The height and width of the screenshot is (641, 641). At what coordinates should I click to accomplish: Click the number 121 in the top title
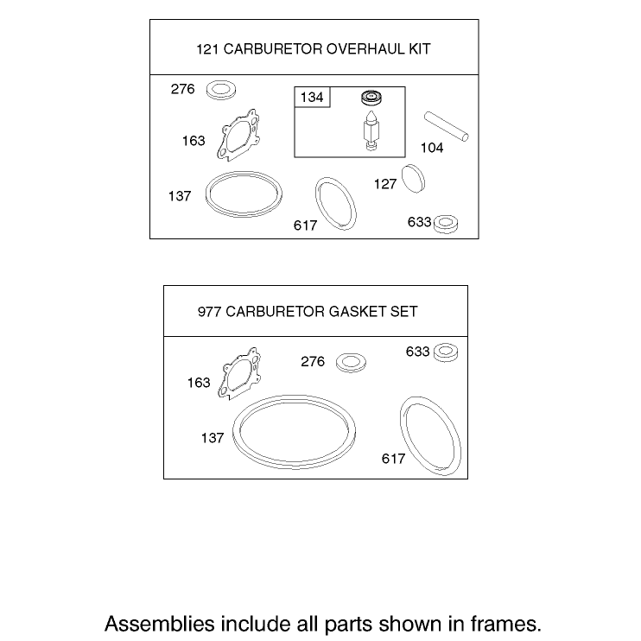208,49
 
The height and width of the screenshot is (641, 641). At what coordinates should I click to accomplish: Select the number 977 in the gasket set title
210,312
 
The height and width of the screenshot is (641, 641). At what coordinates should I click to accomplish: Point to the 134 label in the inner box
312,98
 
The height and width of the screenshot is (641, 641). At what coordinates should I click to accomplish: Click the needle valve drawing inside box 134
371,130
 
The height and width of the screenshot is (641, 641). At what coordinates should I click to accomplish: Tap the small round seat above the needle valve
371,98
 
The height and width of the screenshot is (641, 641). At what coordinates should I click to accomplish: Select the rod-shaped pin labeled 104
447,126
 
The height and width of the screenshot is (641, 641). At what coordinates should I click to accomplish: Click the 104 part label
432,148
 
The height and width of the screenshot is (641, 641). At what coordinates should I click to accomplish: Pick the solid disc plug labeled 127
413,179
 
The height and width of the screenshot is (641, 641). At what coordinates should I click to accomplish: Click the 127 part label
385,184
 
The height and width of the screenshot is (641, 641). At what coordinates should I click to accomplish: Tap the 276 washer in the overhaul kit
221,90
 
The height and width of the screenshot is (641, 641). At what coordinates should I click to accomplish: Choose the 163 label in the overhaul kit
194,141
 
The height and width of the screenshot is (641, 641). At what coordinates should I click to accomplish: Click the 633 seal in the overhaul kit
446,224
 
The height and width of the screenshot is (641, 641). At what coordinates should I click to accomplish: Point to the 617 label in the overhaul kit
305,225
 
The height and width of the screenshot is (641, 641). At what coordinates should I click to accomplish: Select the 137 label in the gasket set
213,438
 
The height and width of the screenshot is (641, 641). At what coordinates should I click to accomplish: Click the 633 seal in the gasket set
446,352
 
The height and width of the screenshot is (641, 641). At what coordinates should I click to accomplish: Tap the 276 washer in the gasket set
351,363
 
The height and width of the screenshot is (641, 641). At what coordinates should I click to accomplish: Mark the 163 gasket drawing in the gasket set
239,374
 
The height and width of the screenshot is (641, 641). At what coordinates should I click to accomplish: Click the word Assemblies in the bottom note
160,625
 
